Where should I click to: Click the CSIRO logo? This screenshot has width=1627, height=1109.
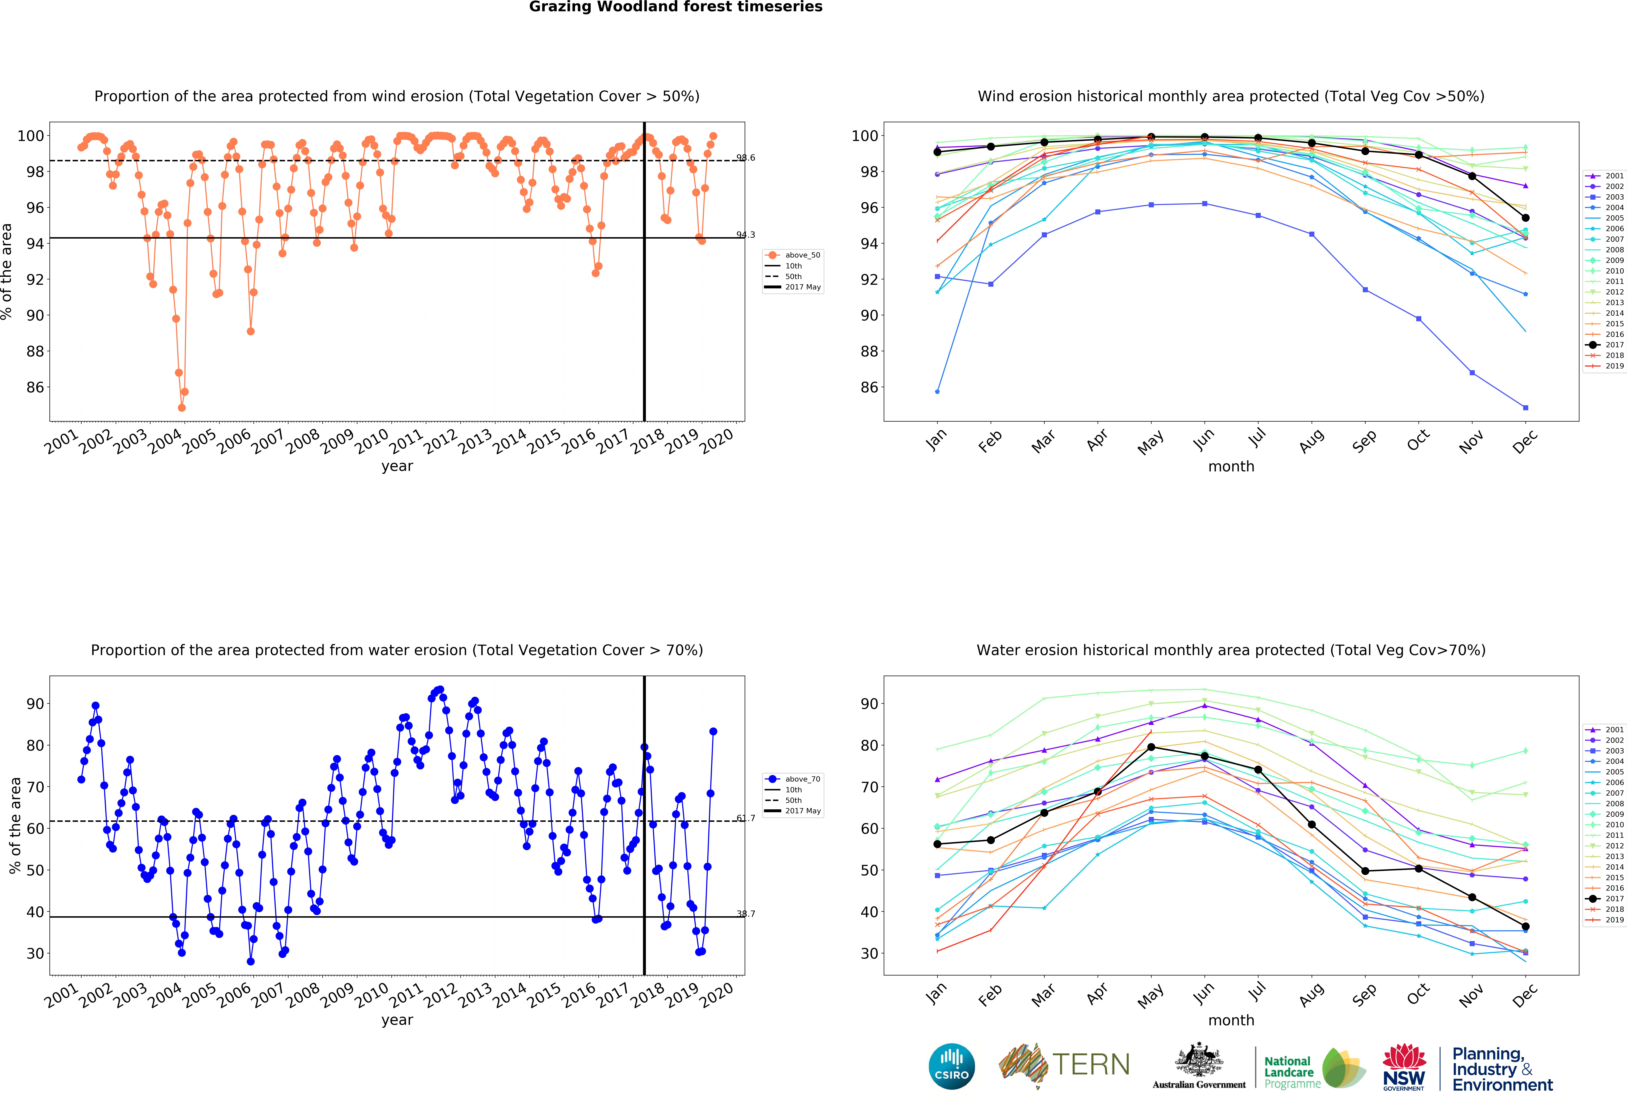[951, 1066]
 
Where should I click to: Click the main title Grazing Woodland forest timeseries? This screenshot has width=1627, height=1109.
[676, 7]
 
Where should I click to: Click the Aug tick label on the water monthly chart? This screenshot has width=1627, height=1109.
[1311, 994]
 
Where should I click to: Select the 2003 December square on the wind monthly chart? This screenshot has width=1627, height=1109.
[1525, 408]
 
